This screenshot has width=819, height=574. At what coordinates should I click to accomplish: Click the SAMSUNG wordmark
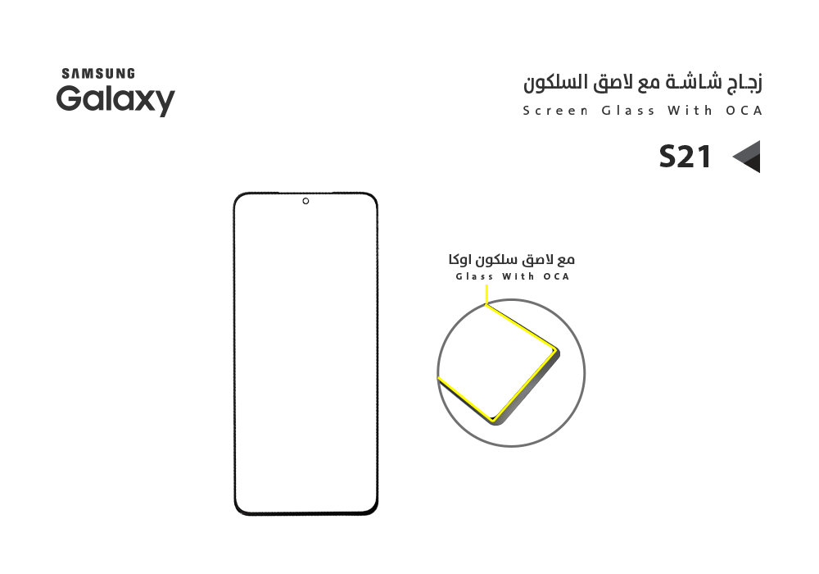pos(98,74)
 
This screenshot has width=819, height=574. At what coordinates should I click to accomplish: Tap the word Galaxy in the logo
pos(115,100)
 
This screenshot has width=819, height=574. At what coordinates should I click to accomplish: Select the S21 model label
pos(685,157)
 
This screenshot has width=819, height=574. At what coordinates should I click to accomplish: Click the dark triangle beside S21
pos(746,157)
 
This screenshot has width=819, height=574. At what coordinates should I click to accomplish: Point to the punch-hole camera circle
pos(305,201)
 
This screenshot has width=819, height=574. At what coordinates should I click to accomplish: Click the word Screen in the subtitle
pos(555,111)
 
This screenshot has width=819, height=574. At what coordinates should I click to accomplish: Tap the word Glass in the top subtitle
pos(628,111)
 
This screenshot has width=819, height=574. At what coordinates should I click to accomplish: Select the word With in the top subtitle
pos(690,111)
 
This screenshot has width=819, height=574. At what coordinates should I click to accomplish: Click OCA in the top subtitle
pos(744,111)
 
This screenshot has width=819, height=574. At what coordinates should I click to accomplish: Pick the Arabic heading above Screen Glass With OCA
pos(643,84)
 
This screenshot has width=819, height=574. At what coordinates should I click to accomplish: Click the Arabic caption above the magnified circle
pos(511,259)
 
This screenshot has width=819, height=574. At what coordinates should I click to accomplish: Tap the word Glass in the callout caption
pos(474,276)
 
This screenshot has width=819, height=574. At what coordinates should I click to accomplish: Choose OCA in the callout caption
pos(556,276)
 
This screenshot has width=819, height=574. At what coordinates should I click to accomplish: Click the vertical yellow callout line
pos(486,295)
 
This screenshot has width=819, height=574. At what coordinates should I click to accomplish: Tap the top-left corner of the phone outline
pos(235,194)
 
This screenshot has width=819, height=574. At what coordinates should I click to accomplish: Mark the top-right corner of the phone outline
pos(376,194)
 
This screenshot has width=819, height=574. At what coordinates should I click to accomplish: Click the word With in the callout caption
pos(518,276)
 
